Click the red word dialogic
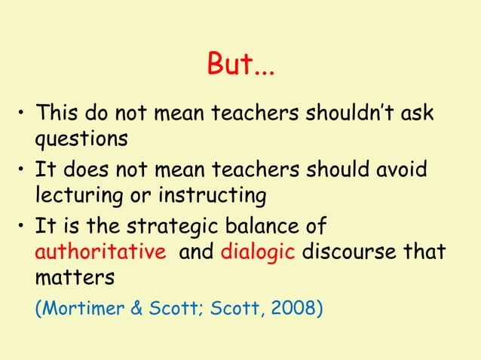coord(258,251)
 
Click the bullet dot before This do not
coord(23,114)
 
